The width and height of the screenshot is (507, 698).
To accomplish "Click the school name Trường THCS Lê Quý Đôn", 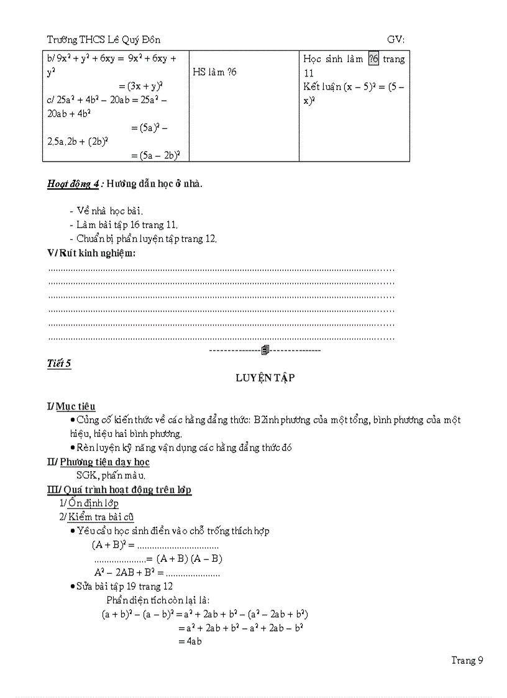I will [104, 40].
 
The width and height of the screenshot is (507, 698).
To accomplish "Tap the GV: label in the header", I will [396, 40].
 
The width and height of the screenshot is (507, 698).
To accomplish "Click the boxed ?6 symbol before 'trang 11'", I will [373, 59].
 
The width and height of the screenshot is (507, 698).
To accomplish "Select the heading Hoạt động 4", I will [75, 183].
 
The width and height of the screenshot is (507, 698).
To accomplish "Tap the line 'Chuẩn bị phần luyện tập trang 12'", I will [143, 238].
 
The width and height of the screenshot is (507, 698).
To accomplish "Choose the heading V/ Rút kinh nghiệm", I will [91, 253].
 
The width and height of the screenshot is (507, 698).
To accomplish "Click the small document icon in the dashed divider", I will [265, 351].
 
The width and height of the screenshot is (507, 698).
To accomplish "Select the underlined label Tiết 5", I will [59, 364].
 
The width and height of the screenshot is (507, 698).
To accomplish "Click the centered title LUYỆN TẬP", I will [265, 378].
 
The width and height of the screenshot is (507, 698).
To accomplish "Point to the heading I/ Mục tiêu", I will [71, 406].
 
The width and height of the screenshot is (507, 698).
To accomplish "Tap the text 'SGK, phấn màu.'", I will [107, 475].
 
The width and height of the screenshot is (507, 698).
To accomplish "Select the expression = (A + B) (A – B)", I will [184, 558].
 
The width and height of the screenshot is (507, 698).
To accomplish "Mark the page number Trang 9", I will [467, 660].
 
